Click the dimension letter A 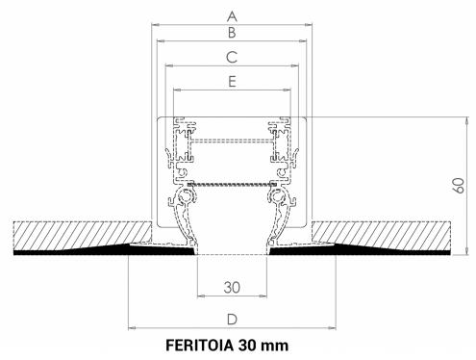click(232, 15)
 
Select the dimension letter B click(232, 33)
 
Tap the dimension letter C click(232, 57)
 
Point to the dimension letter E click(232, 82)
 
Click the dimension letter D click(232, 320)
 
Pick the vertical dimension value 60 click(459, 186)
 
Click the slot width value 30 click(232, 287)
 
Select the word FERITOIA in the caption click(200, 346)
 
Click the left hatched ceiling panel click(82, 235)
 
